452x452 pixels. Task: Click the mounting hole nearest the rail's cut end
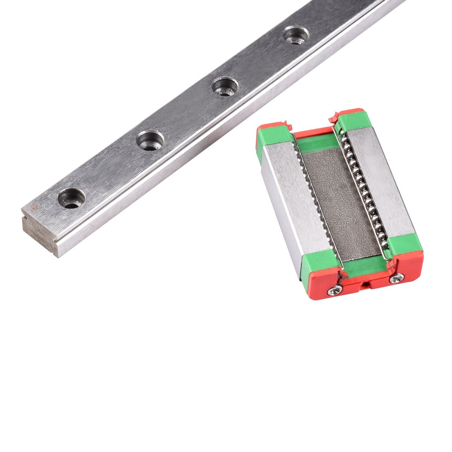(x=71, y=198)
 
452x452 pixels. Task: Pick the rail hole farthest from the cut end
(x=296, y=35)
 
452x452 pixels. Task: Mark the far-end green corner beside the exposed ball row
(x=354, y=121)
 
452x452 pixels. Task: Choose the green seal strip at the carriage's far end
(x=316, y=142)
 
